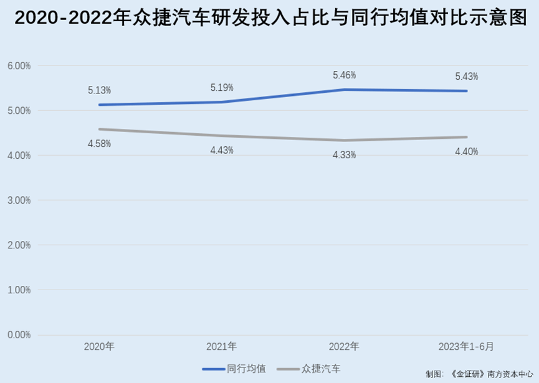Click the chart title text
[269, 18]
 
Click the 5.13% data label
[99, 90]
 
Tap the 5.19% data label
[222, 88]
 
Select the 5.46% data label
[344, 75]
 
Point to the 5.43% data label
[467, 77]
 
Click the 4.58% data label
[99, 144]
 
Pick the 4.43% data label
[222, 150]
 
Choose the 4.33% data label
[344, 155]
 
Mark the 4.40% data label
[467, 151]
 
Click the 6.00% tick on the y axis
[19, 66]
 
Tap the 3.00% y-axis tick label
[19, 201]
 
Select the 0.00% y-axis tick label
[19, 335]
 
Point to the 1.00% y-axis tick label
[19, 290]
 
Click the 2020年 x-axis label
[99, 346]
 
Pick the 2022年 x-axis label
[344, 346]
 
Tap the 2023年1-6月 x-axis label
[466, 346]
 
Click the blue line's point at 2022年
[344, 90]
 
